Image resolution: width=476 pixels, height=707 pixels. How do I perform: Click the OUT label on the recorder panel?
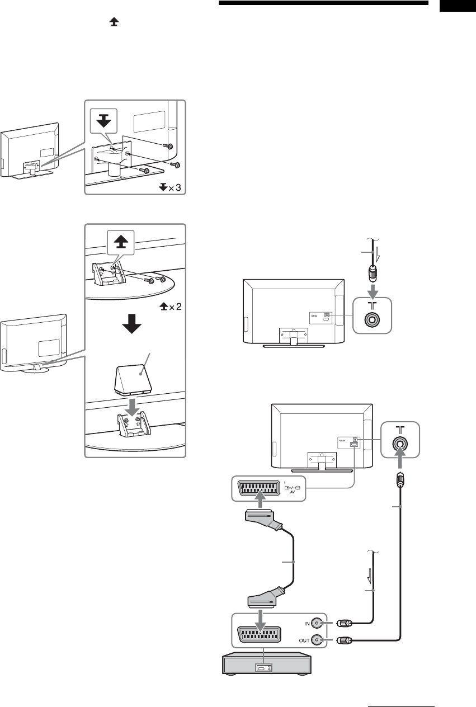click(300, 640)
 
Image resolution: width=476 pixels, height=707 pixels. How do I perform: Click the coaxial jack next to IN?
click(318, 623)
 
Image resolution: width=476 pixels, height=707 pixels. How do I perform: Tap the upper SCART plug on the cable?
click(263, 517)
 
